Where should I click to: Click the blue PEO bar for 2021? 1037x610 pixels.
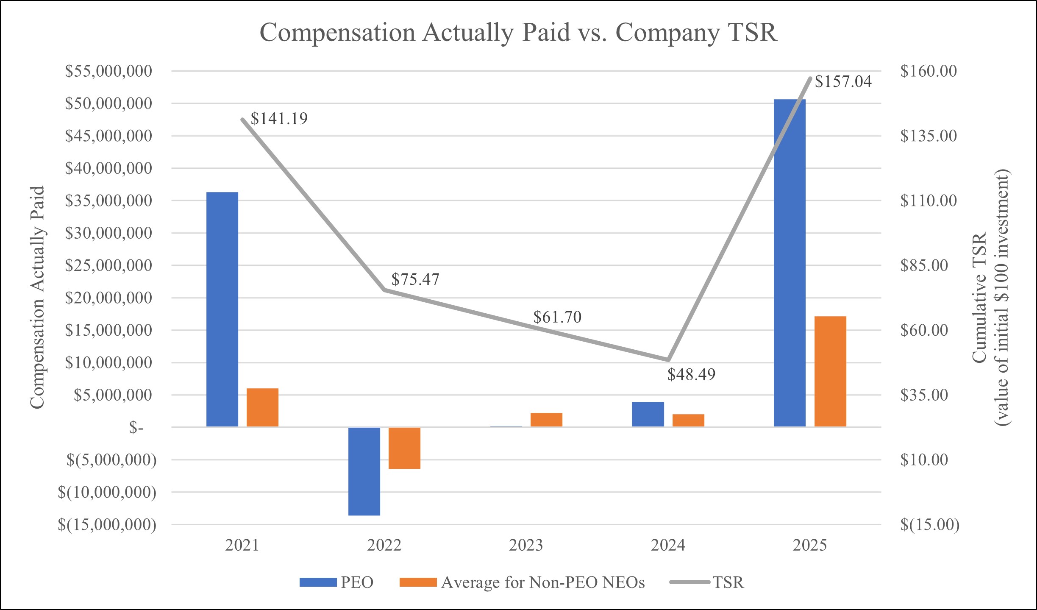point(222,309)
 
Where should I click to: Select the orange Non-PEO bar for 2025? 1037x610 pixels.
point(830,371)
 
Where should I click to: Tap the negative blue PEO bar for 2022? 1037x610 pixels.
point(364,471)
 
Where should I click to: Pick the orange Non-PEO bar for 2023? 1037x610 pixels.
point(546,419)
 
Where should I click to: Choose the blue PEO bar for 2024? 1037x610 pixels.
point(648,414)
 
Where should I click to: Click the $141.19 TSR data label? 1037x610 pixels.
point(279,119)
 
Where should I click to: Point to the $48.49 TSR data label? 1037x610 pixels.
point(691,374)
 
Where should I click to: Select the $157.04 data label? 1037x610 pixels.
point(843,81)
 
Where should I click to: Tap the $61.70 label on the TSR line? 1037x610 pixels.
point(557,317)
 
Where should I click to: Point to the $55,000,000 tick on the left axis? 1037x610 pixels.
point(108,71)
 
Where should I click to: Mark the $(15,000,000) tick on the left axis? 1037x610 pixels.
point(107,525)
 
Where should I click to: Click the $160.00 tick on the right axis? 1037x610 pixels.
point(929,71)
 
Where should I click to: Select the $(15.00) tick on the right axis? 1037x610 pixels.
point(930,525)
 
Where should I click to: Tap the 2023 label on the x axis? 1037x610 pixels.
point(526,545)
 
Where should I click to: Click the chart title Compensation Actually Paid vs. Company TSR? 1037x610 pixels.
point(518,32)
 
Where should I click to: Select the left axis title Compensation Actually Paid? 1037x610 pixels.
point(37,298)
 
